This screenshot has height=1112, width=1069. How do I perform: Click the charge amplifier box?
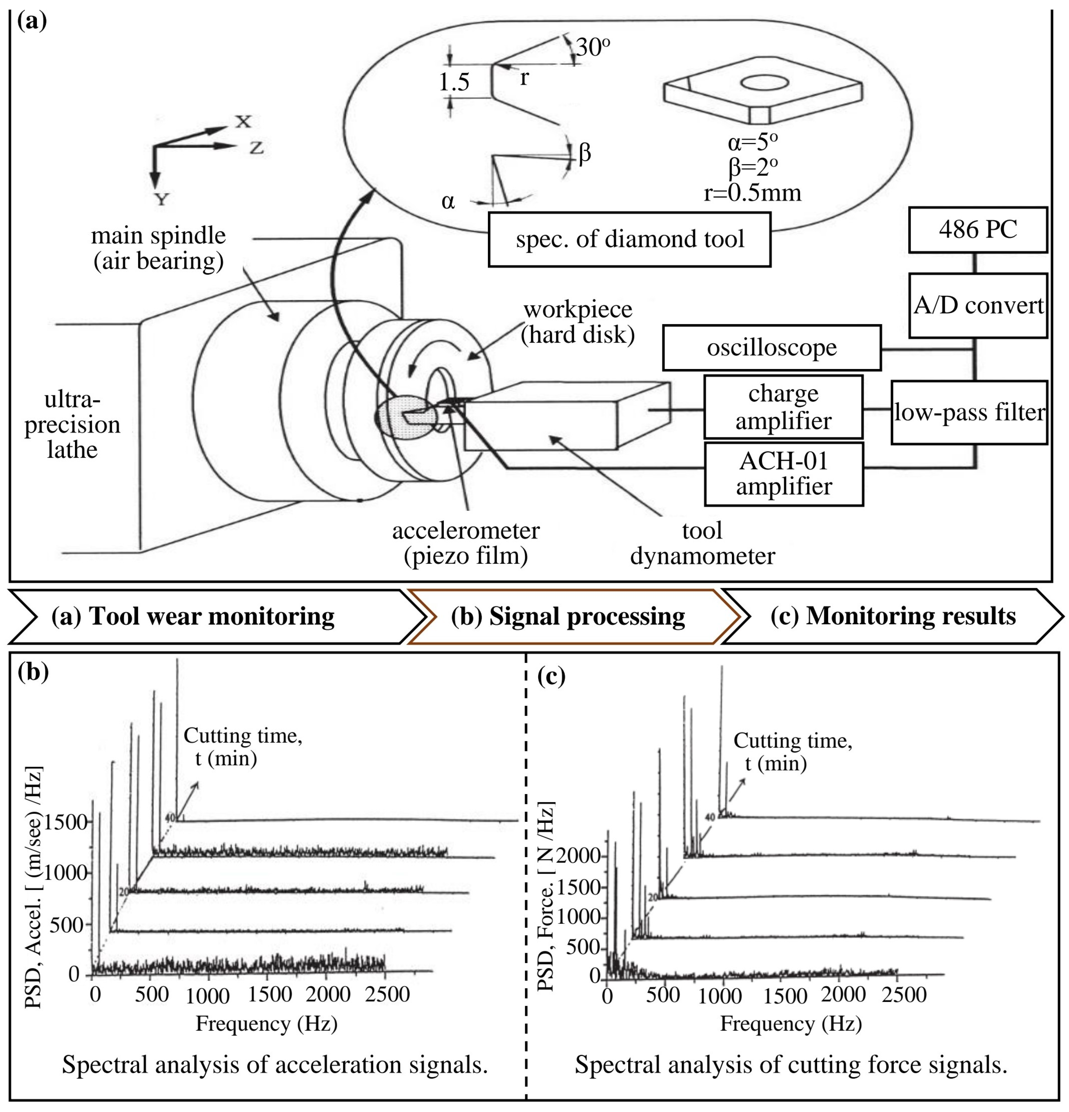[783, 407]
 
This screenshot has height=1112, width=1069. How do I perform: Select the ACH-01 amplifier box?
[783, 474]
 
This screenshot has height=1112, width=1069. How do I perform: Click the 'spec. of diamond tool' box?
[629, 239]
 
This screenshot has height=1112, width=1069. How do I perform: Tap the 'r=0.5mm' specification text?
[752, 193]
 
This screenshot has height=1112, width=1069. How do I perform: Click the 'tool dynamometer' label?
[702, 543]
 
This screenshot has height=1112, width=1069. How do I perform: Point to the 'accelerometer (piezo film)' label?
[465, 543]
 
